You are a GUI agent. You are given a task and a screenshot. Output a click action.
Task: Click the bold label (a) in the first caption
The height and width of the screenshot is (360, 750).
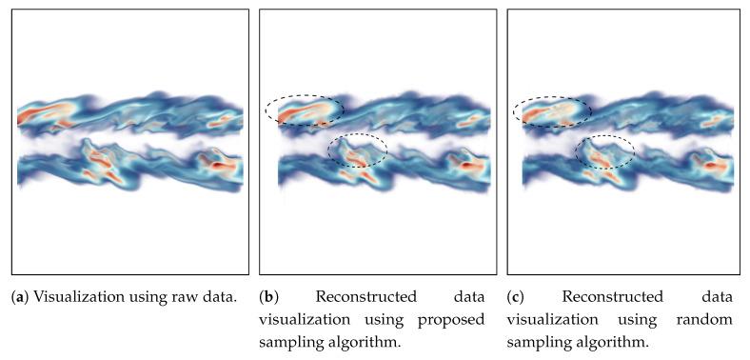pos(19,297)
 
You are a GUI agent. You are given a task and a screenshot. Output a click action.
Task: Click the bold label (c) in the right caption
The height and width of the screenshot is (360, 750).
pos(516,297)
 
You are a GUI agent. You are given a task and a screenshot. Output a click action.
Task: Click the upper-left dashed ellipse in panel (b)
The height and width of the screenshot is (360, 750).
pos(305,110)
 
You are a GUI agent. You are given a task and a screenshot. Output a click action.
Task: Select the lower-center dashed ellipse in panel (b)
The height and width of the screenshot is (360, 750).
pos(358,151)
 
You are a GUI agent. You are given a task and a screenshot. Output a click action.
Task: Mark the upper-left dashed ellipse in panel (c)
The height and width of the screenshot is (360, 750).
pos(552,111)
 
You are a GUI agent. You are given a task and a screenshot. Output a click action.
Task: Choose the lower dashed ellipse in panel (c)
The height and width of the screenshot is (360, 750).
pos(605,151)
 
